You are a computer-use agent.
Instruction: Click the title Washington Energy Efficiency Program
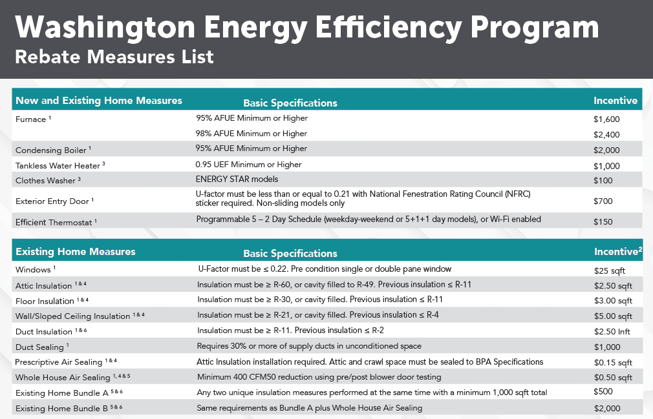(x=306, y=27)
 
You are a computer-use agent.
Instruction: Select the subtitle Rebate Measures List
(x=114, y=57)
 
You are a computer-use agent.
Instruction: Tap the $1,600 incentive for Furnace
(x=606, y=119)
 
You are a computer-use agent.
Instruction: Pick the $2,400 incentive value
(x=606, y=135)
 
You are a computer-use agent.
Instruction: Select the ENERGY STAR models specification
(x=237, y=179)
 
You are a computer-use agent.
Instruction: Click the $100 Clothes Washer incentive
(x=603, y=181)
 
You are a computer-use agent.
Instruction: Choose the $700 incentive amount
(x=603, y=201)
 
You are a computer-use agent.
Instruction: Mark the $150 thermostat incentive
(x=603, y=222)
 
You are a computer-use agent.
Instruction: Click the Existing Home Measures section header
(x=76, y=252)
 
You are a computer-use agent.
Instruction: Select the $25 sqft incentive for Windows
(x=608, y=270)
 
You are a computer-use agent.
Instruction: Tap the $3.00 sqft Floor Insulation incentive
(x=613, y=301)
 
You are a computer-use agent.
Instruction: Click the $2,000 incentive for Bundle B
(x=606, y=408)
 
